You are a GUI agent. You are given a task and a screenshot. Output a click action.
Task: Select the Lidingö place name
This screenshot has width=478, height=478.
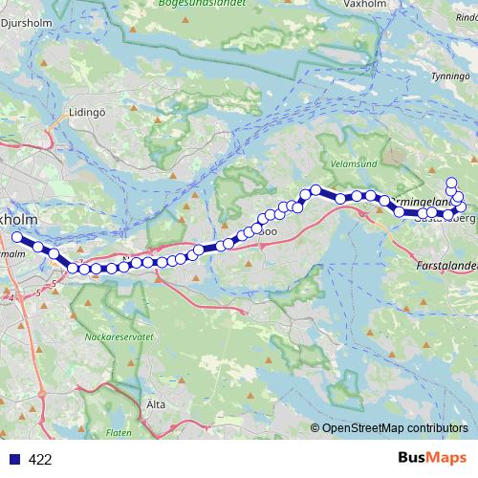point(86,111)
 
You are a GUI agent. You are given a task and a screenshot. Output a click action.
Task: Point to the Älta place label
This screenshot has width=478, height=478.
point(157,404)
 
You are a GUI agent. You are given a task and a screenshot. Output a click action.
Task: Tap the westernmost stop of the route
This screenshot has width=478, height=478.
point(16,237)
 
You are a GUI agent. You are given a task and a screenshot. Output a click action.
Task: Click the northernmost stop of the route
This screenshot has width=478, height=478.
point(451,182)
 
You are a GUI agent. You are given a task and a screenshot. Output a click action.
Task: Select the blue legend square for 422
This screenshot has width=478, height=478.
point(13,460)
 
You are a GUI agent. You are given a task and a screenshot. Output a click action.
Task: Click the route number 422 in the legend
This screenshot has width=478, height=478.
point(40,460)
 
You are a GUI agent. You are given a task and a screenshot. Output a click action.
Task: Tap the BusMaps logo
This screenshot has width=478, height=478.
point(431,458)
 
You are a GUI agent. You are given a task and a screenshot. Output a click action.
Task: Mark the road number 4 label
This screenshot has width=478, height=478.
point(11,299)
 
